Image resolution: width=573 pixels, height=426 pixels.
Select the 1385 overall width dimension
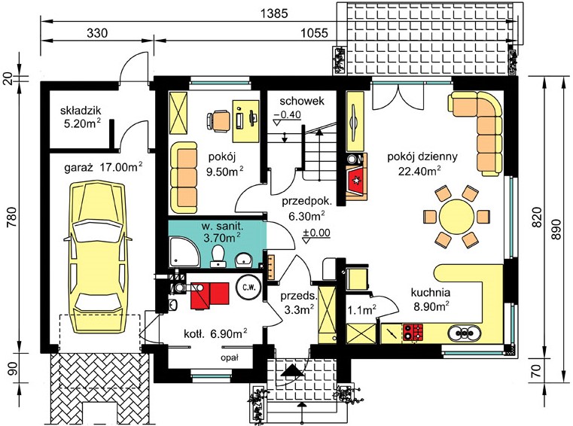274,13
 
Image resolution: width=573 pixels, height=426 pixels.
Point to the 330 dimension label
97,33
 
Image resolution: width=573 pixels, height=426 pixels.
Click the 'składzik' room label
81,111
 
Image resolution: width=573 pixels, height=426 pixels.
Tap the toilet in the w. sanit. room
218,255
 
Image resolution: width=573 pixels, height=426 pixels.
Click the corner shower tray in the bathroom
184,252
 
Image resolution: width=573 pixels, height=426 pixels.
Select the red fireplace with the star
355,181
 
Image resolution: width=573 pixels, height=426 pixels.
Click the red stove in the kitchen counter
413,333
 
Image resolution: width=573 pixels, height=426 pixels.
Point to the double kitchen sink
464,333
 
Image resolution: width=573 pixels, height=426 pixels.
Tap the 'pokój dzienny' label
422,157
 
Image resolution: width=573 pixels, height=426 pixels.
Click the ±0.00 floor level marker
316,234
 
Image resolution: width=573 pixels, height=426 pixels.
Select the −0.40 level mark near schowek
287,116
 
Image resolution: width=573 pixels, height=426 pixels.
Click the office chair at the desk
218,120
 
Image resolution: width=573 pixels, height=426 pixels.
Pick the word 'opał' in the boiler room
230,358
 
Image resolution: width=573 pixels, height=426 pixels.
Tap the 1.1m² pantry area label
362,310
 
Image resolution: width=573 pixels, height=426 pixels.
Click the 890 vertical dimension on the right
556,229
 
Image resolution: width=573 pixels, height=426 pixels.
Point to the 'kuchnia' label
431,292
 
